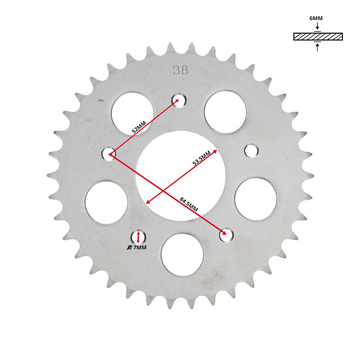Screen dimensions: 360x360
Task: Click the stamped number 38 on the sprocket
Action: coord(181,70)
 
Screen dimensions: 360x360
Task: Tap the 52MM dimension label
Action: coord(139,127)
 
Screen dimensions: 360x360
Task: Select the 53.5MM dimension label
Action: coord(202,158)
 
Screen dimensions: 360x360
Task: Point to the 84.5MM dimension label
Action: coord(188,204)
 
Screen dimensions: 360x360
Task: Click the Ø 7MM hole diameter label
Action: coord(136,247)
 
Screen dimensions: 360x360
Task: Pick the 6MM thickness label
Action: coord(316,18)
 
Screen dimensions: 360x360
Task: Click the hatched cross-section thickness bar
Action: coord(318,37)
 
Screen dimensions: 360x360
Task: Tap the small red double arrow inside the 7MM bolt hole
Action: coord(138,237)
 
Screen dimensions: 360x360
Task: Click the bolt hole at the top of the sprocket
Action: coord(179,100)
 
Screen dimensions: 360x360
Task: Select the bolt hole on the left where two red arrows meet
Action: coord(109,154)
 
